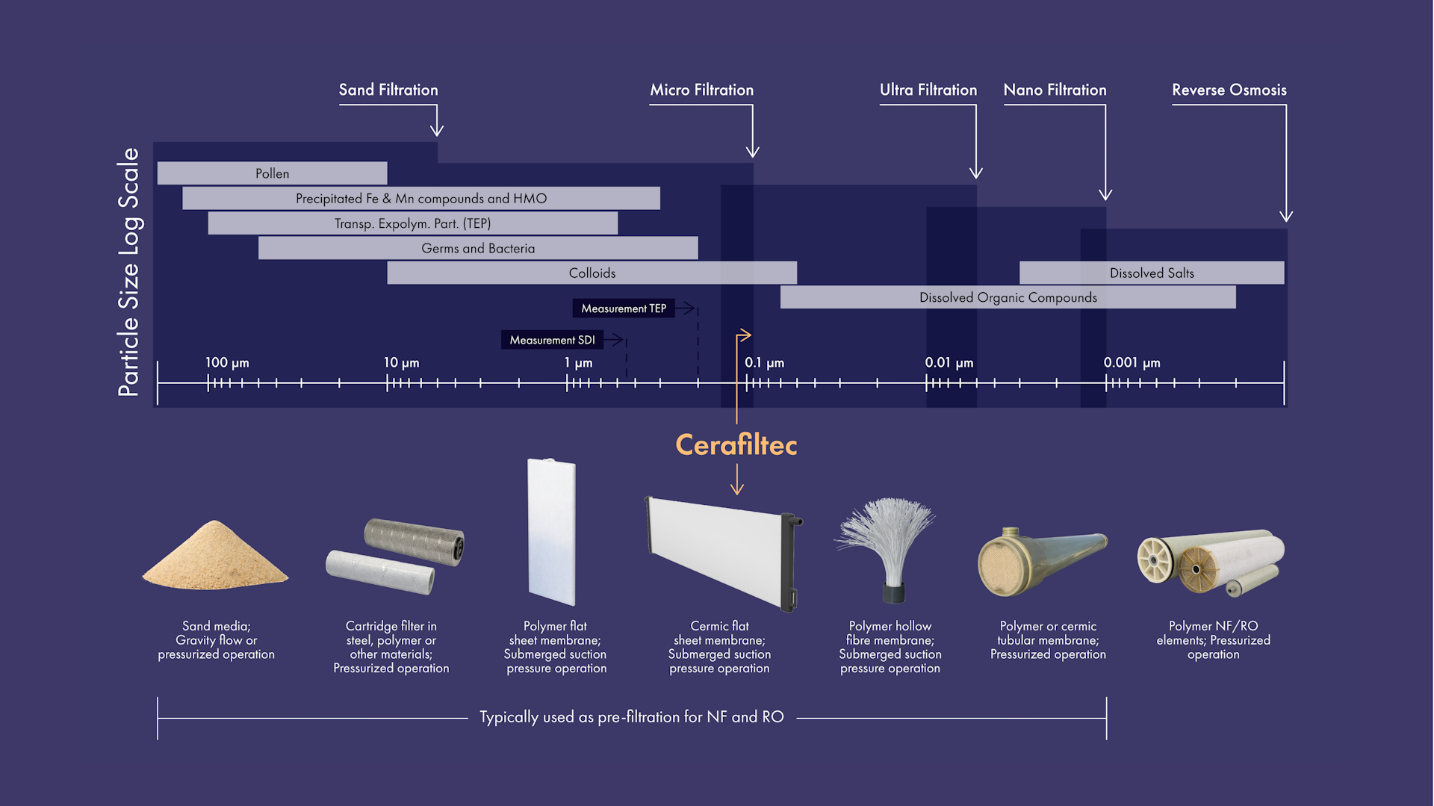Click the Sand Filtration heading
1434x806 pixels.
(x=388, y=90)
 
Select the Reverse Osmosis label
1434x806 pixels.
(x=1229, y=90)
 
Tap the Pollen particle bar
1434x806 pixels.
(x=272, y=173)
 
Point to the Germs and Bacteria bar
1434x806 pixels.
(x=478, y=248)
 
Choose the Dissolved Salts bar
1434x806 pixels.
(x=1151, y=273)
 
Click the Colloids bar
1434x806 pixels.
(x=592, y=273)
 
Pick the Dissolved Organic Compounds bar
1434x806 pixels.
(x=1008, y=297)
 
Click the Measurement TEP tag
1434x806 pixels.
(x=624, y=309)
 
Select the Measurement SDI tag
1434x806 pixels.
(x=552, y=340)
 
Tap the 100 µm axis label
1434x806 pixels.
(x=227, y=362)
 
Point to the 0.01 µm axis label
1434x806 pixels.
(x=949, y=362)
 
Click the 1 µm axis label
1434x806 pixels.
(x=578, y=362)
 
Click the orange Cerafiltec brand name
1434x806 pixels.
(x=736, y=445)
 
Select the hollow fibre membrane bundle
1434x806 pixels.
(x=887, y=542)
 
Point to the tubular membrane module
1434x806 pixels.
(x=1041, y=560)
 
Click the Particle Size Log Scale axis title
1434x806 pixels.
(x=128, y=272)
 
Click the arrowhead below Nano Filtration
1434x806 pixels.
(x=1105, y=195)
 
